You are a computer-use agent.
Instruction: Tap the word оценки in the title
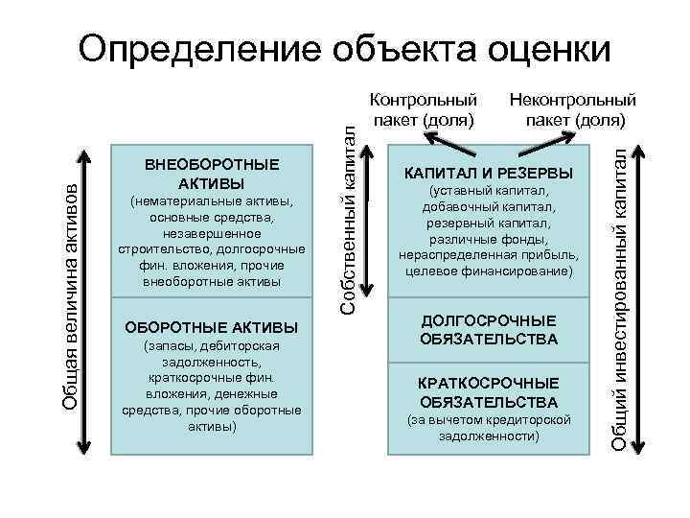click(x=545, y=47)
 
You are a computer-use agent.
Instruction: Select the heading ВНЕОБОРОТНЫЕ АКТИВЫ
click(x=212, y=174)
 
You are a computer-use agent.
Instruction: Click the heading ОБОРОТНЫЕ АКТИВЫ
click(x=212, y=327)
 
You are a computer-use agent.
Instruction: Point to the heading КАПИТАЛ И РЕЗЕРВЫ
click(x=489, y=174)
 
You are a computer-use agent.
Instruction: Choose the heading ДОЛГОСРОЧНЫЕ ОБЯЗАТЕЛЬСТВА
click(x=489, y=329)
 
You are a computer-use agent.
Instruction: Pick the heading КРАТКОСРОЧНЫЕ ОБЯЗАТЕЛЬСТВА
click(x=489, y=391)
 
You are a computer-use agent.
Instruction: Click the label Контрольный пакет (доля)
click(x=423, y=109)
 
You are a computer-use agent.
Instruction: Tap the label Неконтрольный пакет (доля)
click(x=573, y=109)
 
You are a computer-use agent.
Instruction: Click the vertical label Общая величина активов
click(x=68, y=297)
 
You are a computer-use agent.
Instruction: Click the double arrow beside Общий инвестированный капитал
click(x=640, y=296)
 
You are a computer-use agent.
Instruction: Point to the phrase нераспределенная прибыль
click(x=488, y=255)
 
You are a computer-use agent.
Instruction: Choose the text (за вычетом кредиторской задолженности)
click(x=489, y=428)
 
